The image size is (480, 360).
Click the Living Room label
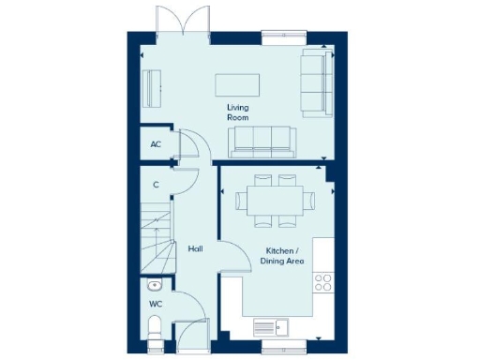pyautogui.click(x=238, y=112)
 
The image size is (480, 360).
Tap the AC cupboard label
pyautogui.click(x=156, y=144)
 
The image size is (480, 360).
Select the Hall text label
pyautogui.click(x=195, y=249)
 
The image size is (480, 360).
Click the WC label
pyautogui.click(x=156, y=306)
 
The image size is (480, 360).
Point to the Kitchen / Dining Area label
pyautogui.click(x=281, y=256)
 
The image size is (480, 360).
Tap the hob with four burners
pyautogui.click(x=324, y=282)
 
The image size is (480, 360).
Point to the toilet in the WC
pyautogui.click(x=156, y=328)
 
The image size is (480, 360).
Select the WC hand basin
pyautogui.click(x=154, y=286)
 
